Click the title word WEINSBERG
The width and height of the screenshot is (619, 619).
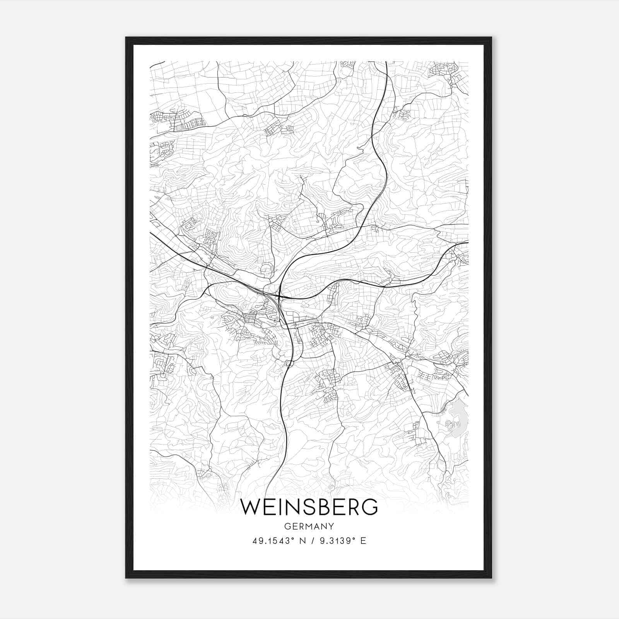(309, 507)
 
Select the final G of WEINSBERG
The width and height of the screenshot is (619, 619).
(370, 507)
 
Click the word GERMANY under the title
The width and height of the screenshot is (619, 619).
(309, 526)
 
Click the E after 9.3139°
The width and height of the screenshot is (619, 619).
(363, 541)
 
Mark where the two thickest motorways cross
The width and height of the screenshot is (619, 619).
(279, 297)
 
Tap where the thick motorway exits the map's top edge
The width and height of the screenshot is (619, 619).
(386, 62)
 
